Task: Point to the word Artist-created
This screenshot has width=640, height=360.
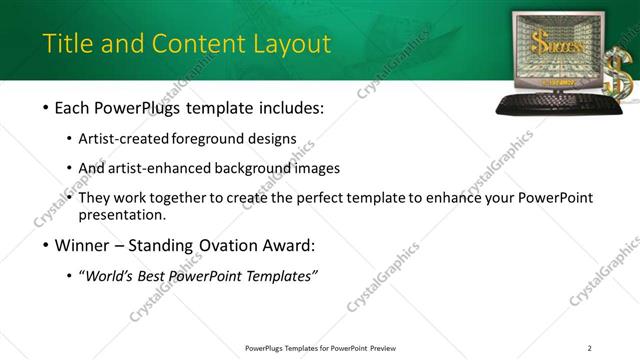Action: [x=123, y=138]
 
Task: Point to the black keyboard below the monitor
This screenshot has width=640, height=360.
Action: [x=550, y=103]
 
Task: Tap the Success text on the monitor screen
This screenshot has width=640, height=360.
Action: [x=554, y=45]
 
